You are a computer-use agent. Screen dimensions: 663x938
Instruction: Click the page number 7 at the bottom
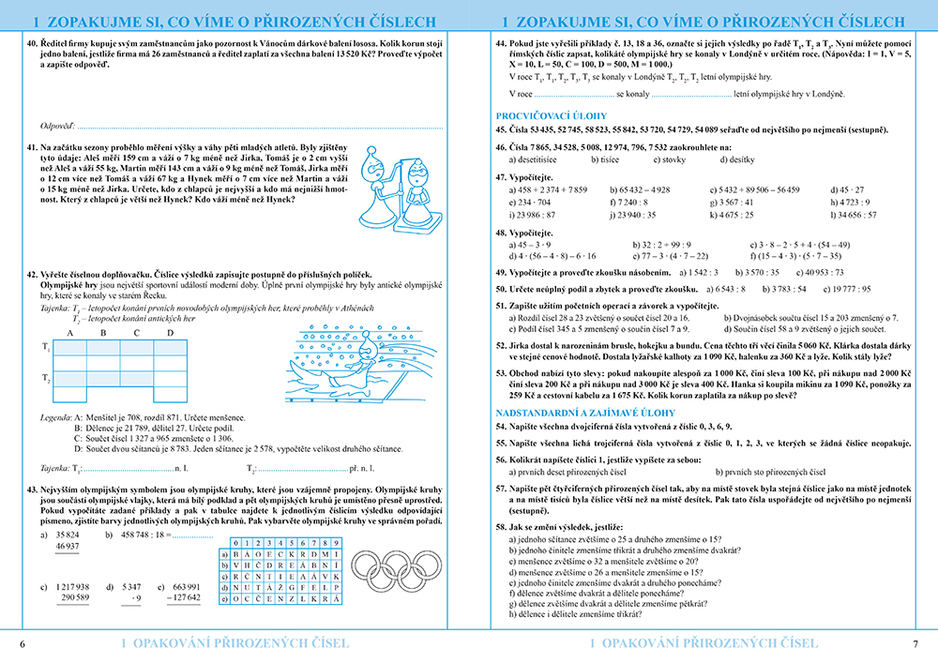pyautogui.click(x=915, y=643)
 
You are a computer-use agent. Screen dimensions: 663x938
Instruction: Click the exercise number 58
pyautogui.click(x=501, y=529)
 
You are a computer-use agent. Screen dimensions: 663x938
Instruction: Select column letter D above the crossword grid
pyautogui.click(x=170, y=333)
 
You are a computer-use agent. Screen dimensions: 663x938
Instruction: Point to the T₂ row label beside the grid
pyautogui.click(x=46, y=378)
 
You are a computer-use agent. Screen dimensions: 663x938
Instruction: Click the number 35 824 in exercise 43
pyautogui.click(x=68, y=534)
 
